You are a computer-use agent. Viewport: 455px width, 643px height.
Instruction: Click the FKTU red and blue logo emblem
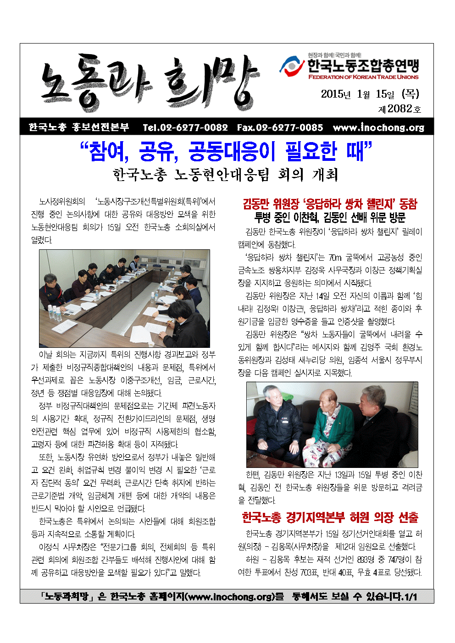(x=292, y=67)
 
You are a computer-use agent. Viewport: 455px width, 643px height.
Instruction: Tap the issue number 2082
(x=400, y=109)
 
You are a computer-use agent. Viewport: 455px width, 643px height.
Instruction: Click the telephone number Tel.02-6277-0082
(x=185, y=127)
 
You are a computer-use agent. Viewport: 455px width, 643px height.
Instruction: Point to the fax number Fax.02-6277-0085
(x=280, y=127)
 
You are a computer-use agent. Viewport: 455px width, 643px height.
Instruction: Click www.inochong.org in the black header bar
(x=378, y=127)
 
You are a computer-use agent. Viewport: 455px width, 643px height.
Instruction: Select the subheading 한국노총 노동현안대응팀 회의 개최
(x=225, y=175)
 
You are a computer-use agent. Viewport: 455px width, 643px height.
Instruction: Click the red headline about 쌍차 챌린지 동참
(x=330, y=203)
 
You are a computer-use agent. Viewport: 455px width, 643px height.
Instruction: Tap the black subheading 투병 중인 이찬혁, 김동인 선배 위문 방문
(x=330, y=217)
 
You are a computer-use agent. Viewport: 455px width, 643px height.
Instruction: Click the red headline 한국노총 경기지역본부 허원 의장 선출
(x=330, y=517)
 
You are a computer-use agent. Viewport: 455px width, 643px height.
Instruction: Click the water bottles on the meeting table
(x=54, y=313)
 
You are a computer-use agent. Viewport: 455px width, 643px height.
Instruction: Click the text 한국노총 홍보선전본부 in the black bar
(x=78, y=127)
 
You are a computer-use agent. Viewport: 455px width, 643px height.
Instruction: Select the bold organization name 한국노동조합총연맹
(x=363, y=66)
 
